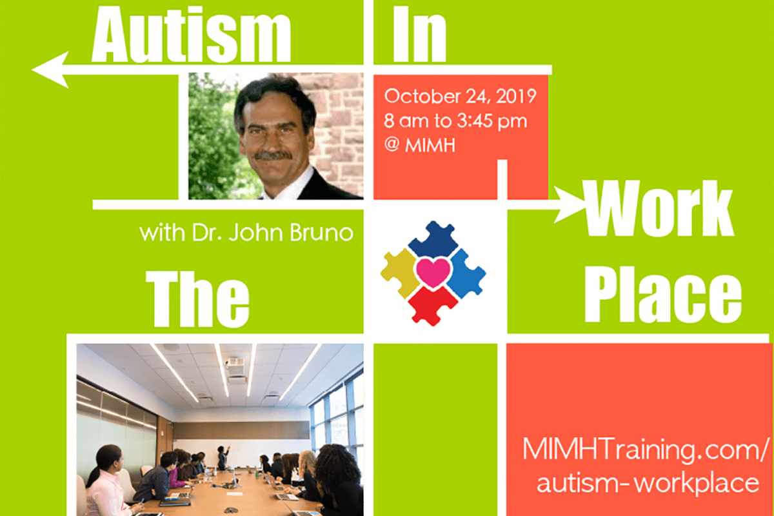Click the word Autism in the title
point(191,34)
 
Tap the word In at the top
point(419,34)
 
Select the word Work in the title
point(659,208)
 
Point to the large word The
point(197,299)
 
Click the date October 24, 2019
point(461,96)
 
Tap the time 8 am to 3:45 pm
point(456,121)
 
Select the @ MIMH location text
point(420,145)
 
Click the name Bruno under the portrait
point(321,232)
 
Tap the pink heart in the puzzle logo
point(433,273)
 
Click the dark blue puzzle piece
point(433,239)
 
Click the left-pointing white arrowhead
point(50,70)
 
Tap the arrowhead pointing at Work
point(570,204)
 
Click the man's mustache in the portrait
point(273,156)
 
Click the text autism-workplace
point(648,483)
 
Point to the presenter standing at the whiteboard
point(223,457)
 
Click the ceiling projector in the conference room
point(235,364)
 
